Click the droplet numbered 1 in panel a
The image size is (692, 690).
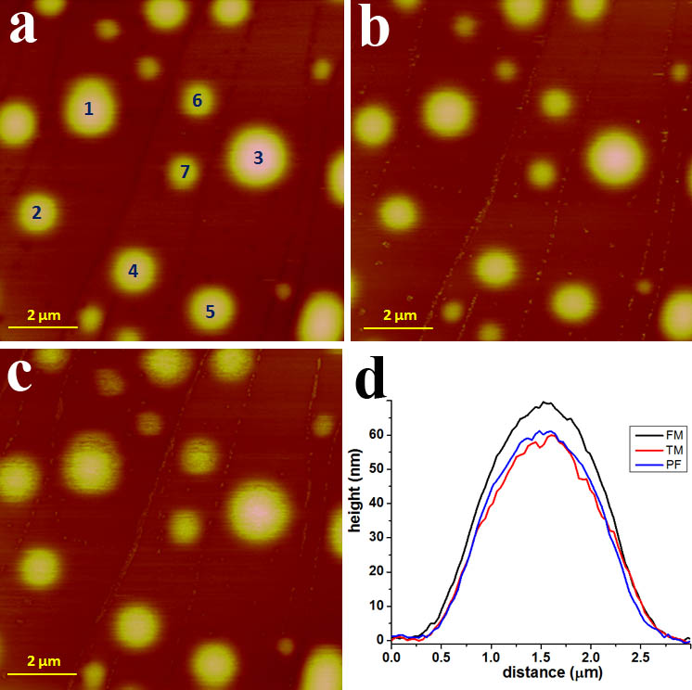tap(90, 108)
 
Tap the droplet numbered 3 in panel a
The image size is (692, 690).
tap(258, 157)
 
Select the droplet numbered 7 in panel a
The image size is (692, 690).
tap(184, 172)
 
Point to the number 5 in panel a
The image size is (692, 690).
tap(210, 312)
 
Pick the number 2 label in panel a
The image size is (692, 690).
tap(36, 212)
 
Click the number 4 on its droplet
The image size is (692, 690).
tap(133, 271)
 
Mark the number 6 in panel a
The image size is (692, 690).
tap(198, 100)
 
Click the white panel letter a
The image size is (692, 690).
tap(22, 27)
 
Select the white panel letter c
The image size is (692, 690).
tap(20, 374)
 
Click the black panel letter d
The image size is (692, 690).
tap(371, 377)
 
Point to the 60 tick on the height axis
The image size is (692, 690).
tap(377, 435)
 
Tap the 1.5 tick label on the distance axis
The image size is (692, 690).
tap(541, 658)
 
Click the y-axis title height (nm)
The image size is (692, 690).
tap(354, 491)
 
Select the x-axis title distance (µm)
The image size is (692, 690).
tap(553, 672)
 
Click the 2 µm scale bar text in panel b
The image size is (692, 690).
tap(400, 315)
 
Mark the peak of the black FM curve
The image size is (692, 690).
tap(546, 402)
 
